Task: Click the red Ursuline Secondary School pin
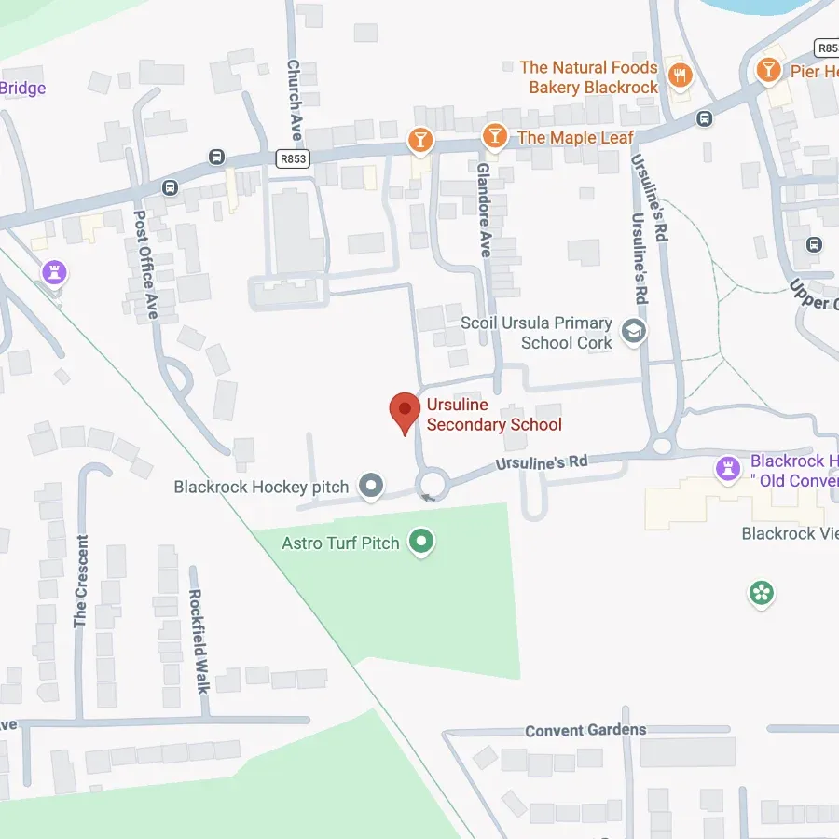pyautogui.click(x=404, y=411)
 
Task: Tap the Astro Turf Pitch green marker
pyautogui.click(x=422, y=541)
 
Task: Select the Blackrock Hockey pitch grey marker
pyautogui.click(x=372, y=486)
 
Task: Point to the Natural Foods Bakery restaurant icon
pyautogui.click(x=681, y=76)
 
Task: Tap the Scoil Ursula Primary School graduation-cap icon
pyautogui.click(x=634, y=332)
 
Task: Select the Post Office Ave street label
pyautogui.click(x=142, y=264)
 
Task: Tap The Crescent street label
pyautogui.click(x=81, y=581)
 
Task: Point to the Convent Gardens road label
pyautogui.click(x=585, y=730)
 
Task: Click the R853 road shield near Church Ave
pyautogui.click(x=293, y=159)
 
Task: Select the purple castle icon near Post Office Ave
pyautogui.click(x=55, y=272)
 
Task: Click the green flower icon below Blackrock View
pyautogui.click(x=762, y=593)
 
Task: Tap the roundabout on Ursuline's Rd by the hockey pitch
pyautogui.click(x=432, y=483)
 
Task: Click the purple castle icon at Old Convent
pyautogui.click(x=727, y=469)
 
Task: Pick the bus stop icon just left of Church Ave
pyautogui.click(x=217, y=157)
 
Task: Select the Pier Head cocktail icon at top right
pyautogui.click(x=768, y=69)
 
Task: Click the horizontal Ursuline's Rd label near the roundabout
pyautogui.click(x=542, y=461)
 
